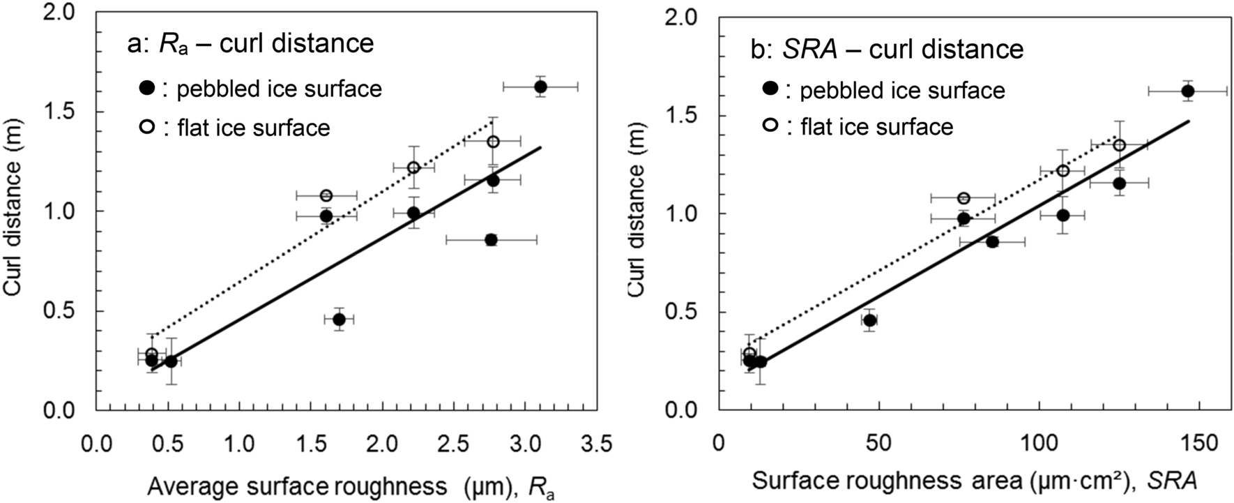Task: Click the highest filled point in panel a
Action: click(540, 87)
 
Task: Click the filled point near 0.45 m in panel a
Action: click(339, 320)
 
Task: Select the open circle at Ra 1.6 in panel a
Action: click(326, 195)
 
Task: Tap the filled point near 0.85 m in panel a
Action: click(491, 239)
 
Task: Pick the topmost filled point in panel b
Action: click(1188, 91)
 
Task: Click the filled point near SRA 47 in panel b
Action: click(869, 320)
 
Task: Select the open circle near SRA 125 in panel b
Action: click(1119, 145)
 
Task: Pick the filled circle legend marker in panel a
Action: click(146, 89)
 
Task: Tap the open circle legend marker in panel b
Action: click(770, 126)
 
